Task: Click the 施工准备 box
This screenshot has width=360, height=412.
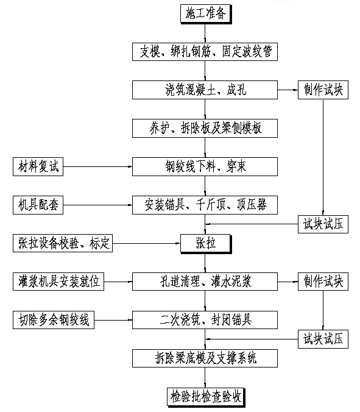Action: tap(206, 13)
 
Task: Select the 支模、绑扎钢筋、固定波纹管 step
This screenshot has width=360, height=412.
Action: tap(205, 51)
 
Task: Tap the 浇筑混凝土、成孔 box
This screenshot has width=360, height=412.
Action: tap(205, 90)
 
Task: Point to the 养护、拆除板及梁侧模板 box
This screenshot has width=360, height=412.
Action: tap(205, 128)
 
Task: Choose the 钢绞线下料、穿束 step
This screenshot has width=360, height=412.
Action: tap(205, 166)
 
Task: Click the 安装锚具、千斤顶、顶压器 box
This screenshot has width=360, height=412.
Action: tap(205, 205)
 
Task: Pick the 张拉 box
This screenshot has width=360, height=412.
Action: tap(206, 244)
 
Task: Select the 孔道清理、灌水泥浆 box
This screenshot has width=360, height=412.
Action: tap(205, 282)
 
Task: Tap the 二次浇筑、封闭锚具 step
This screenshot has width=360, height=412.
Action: tap(205, 320)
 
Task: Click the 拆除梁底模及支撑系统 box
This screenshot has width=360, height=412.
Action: tap(205, 358)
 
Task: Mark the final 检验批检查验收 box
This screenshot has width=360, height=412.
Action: tap(206, 397)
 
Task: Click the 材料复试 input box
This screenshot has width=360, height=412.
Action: tap(38, 166)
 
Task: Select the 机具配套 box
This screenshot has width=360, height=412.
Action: tap(38, 205)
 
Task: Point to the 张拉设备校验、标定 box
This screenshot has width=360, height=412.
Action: tap(63, 243)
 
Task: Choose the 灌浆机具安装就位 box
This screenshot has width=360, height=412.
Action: tap(58, 282)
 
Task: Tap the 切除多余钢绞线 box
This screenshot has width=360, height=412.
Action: tap(54, 320)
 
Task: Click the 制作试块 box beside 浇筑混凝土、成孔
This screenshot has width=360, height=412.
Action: tap(323, 90)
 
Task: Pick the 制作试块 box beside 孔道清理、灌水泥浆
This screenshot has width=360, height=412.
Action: tap(323, 282)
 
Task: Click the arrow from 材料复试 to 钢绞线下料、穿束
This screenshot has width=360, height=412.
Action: tap(97, 166)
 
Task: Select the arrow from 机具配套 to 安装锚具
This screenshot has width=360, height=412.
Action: tap(97, 205)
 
